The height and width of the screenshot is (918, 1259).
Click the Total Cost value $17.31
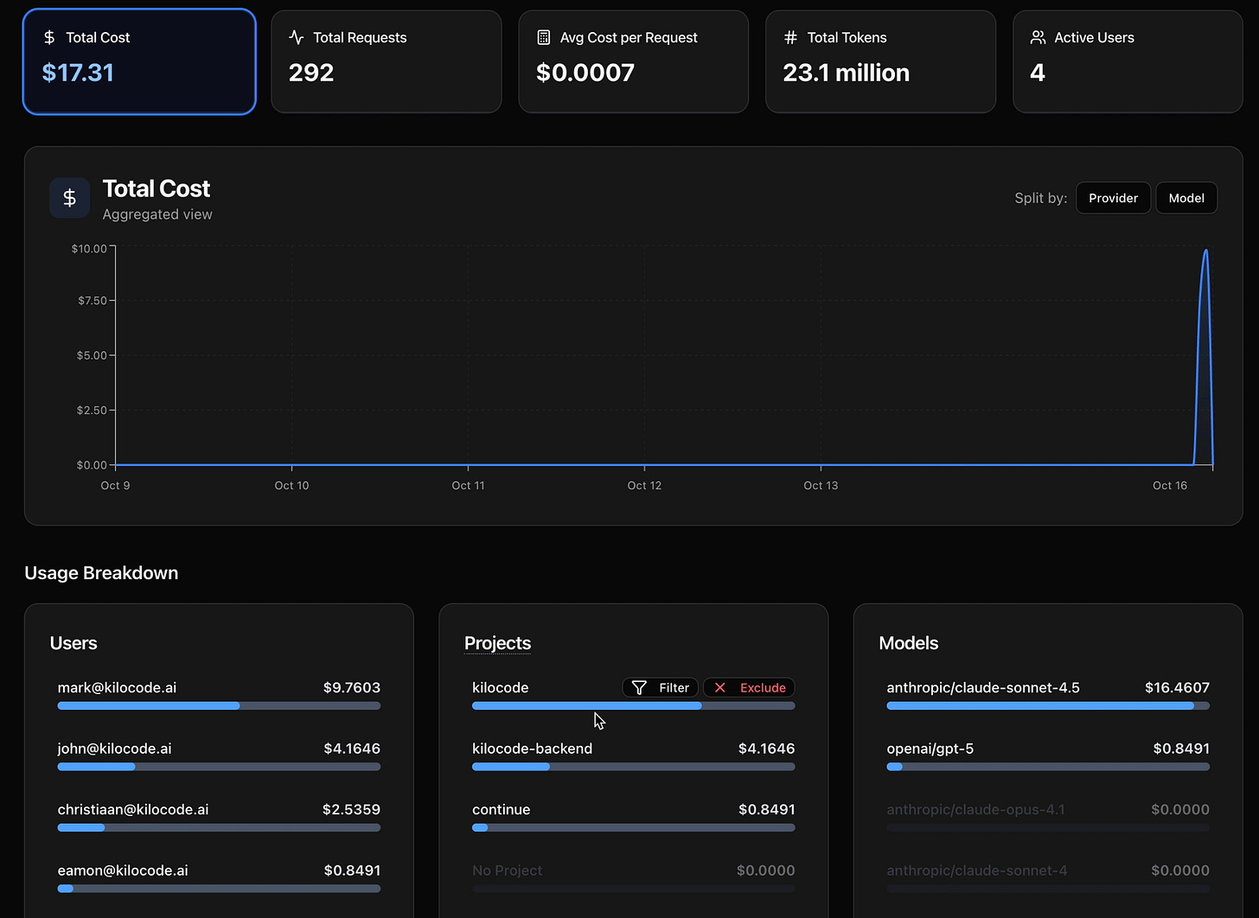coord(78,73)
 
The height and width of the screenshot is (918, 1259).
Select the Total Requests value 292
coord(311,73)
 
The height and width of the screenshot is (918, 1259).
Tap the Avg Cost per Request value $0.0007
coord(585,73)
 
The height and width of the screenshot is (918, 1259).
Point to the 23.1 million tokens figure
coord(846,73)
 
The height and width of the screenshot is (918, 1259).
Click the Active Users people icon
coord(1038,37)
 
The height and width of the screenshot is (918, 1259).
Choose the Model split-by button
coord(1186,198)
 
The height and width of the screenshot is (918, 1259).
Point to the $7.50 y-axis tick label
coord(92,301)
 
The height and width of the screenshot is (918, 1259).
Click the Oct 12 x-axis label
coord(644,486)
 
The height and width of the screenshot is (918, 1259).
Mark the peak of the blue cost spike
coord(1205,251)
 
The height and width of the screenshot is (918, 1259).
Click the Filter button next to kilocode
coord(661,688)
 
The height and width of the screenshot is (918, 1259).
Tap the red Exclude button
coord(749,688)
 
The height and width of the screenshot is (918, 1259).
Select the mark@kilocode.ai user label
coord(117,688)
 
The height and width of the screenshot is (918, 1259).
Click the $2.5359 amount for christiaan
coord(351,810)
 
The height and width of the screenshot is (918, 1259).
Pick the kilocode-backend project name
coord(532,749)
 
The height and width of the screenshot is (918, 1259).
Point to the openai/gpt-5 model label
coord(930,749)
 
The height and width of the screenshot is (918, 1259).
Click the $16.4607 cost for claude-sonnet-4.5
coord(1177,688)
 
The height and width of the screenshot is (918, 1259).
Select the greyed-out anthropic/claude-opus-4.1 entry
coord(975,810)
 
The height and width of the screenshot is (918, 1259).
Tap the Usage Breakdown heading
coord(101,573)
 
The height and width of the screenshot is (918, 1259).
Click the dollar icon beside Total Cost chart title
coord(70,198)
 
